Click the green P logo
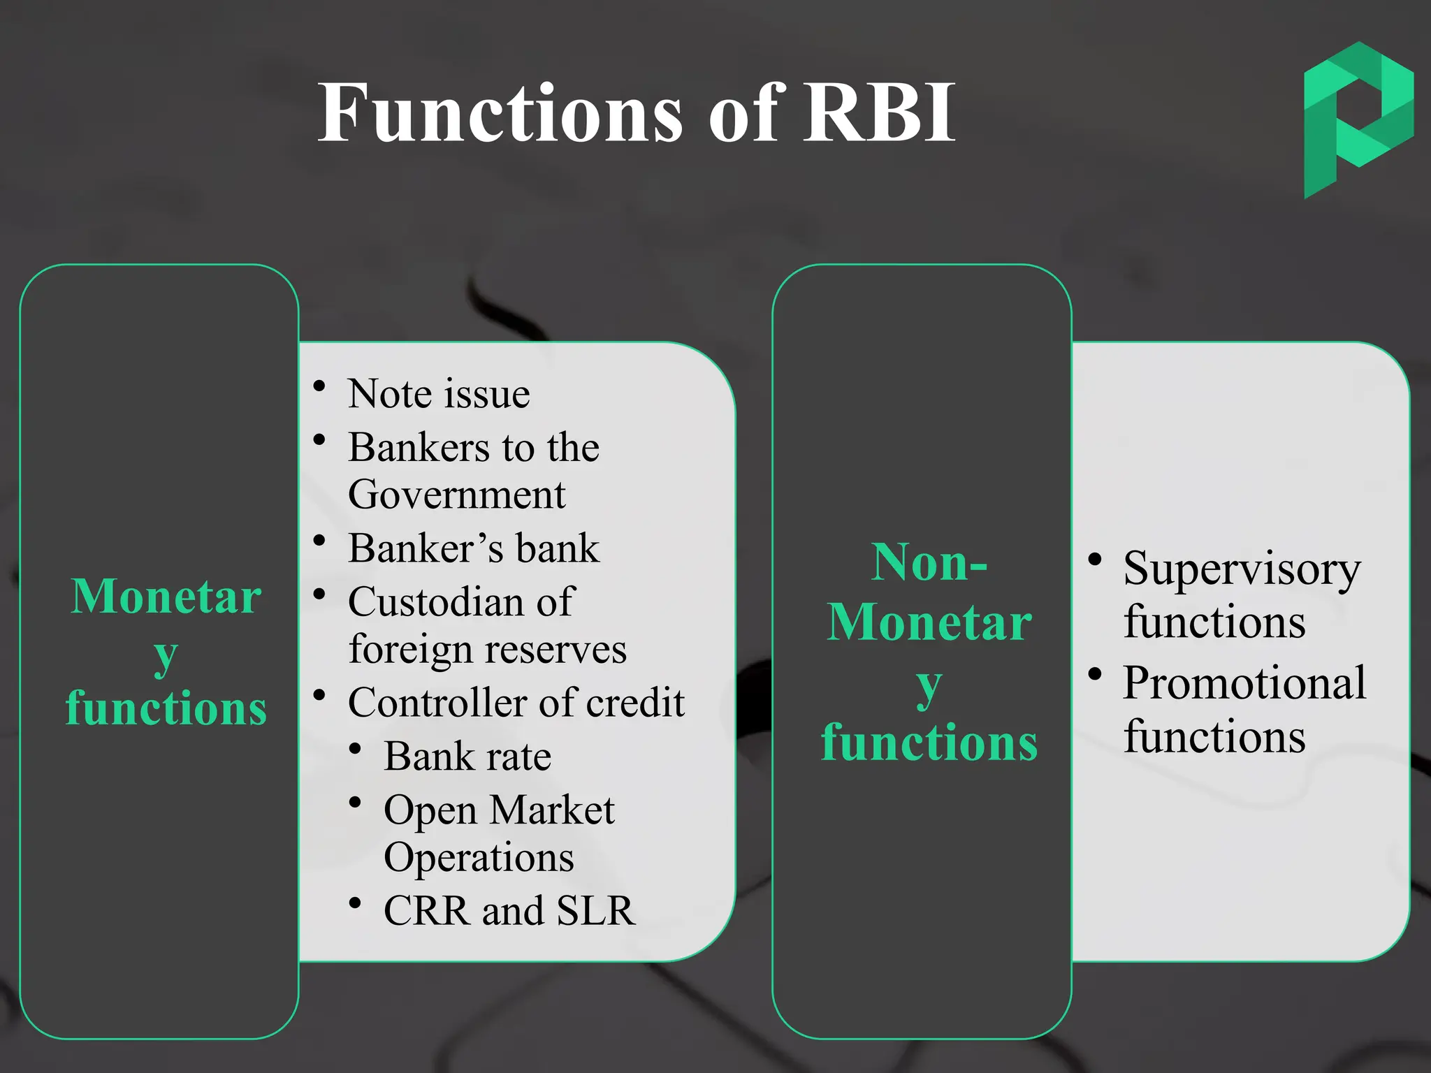[x=1358, y=119]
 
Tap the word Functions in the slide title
[x=500, y=113]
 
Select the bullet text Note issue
[x=439, y=393]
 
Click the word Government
[x=456, y=495]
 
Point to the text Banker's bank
[x=474, y=548]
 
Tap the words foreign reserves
[x=487, y=649]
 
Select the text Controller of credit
[x=516, y=702]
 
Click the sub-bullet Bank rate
[x=467, y=756]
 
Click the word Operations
[x=479, y=857]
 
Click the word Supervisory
[x=1242, y=569]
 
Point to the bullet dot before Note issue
[x=320, y=386]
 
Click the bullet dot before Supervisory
[x=1095, y=560]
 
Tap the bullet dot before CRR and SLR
[x=355, y=903]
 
